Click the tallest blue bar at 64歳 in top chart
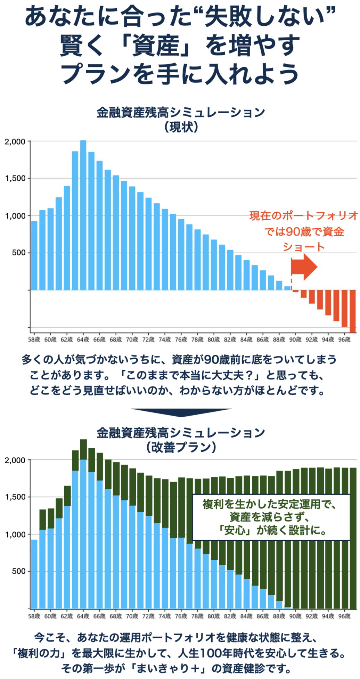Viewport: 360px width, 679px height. pyautogui.click(x=83, y=215)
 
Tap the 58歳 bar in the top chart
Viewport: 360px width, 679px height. pyautogui.click(x=34, y=255)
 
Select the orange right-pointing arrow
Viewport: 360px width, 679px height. pyautogui.click(x=304, y=267)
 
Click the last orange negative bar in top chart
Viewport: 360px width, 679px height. pyautogui.click(x=353, y=311)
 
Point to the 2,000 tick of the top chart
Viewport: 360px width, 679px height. pyautogui.click(x=15, y=142)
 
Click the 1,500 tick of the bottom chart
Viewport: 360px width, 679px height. pyautogui.click(x=15, y=497)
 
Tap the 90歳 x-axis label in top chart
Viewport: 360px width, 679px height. pyautogui.click(x=295, y=339)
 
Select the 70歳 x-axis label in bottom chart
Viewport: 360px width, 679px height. pyautogui.click(x=132, y=616)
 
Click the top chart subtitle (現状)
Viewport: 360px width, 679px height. pyautogui.click(x=181, y=127)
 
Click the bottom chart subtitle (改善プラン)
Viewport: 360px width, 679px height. pyautogui.click(x=181, y=447)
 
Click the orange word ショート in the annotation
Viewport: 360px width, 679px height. pyautogui.click(x=304, y=247)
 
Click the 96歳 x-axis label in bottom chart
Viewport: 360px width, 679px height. pyautogui.click(x=344, y=616)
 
